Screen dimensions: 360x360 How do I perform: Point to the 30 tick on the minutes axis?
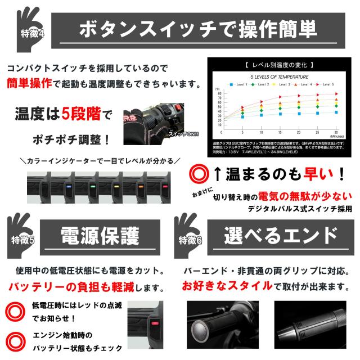336,132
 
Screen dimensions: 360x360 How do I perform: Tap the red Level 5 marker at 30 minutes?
336,94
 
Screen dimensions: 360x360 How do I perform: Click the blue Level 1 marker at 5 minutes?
242,117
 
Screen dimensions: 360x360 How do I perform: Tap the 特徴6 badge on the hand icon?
190,241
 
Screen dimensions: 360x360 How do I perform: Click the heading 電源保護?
100,237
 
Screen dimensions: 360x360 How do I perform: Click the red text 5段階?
83,116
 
